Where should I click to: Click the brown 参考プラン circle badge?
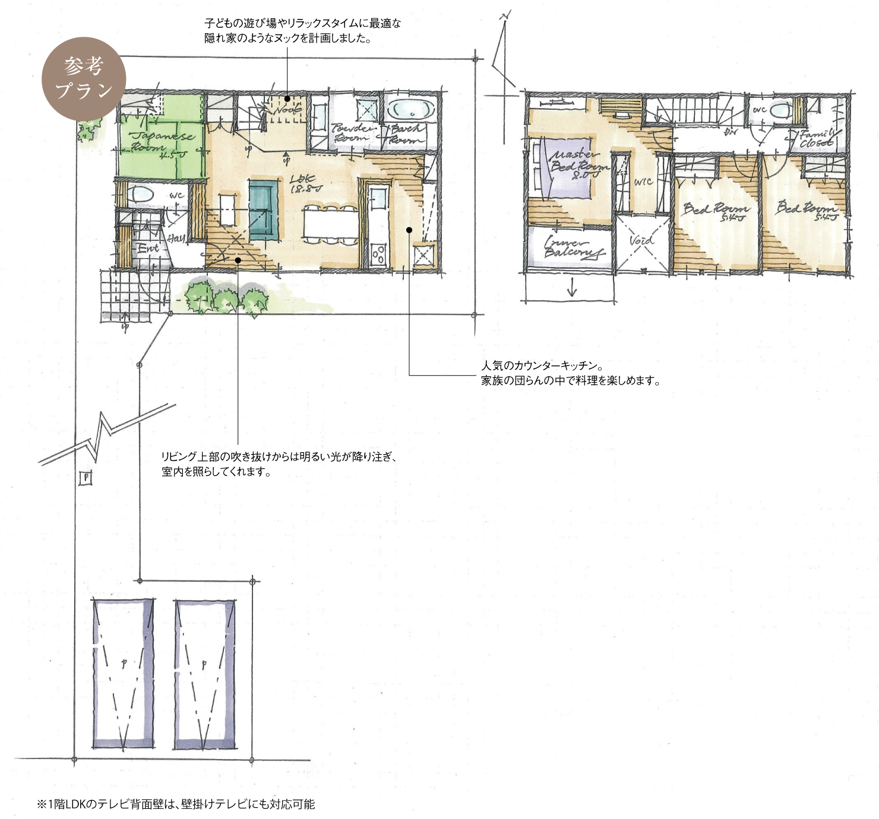pos(84,80)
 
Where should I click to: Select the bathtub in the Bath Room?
pos(411,109)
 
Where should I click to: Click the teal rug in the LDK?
pos(263,209)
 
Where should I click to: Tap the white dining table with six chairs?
pos(330,224)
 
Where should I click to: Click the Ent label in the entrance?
pos(148,249)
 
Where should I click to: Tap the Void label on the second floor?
pos(642,241)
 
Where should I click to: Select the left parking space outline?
pos(124,674)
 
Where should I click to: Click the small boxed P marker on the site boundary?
pos(86,478)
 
